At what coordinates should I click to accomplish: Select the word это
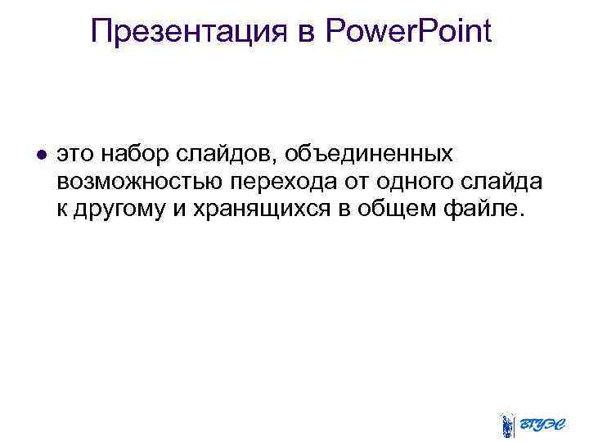[74, 155]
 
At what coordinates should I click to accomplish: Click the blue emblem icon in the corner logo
[508, 425]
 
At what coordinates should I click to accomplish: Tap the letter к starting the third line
[62, 209]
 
